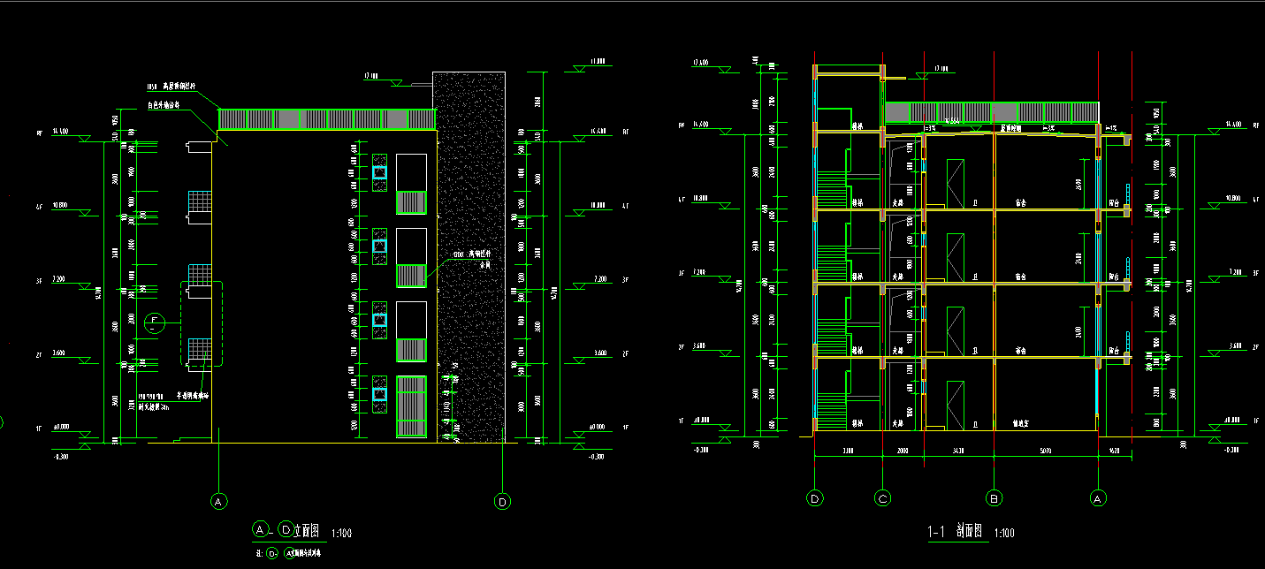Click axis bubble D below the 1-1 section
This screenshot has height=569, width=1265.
pyautogui.click(x=815, y=499)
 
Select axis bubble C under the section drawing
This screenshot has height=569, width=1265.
pyautogui.click(x=882, y=499)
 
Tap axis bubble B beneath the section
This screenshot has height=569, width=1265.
pyautogui.click(x=994, y=499)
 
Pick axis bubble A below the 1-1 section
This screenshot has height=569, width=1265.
pyautogui.click(x=1099, y=499)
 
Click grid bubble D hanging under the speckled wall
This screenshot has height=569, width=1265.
pyautogui.click(x=502, y=501)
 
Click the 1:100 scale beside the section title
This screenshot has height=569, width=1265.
pyautogui.click(x=1004, y=534)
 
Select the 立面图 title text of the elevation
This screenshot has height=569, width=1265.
pyautogui.click(x=306, y=531)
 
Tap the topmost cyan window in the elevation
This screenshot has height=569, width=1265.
pyautogui.click(x=379, y=172)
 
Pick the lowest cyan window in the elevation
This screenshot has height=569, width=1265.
pyautogui.click(x=379, y=394)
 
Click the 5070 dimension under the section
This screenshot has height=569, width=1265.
pyautogui.click(x=1046, y=451)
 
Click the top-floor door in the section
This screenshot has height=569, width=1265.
pyautogui.click(x=955, y=184)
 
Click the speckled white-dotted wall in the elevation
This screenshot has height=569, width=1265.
pyautogui.click(x=470, y=256)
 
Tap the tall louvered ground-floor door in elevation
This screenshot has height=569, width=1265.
pyautogui.click(x=411, y=406)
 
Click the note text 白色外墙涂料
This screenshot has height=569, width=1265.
pyautogui.click(x=164, y=105)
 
